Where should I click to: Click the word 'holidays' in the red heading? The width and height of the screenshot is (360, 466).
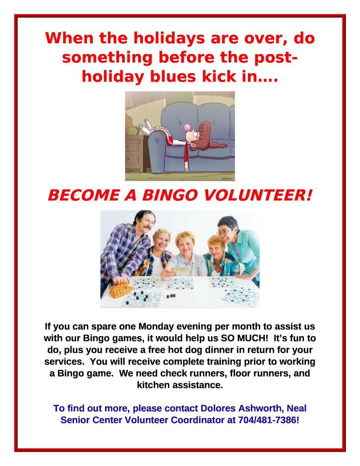pyautogui.click(x=169, y=39)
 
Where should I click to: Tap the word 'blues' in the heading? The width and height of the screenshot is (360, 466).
pyautogui.click(x=173, y=77)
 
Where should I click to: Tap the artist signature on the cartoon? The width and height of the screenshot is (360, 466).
pyautogui.click(x=227, y=178)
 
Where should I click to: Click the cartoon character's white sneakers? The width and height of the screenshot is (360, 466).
pyautogui.click(x=146, y=126)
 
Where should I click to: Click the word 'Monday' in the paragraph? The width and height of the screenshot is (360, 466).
pyautogui.click(x=156, y=327)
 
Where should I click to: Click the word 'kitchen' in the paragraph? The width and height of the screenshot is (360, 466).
pyautogui.click(x=154, y=385)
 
